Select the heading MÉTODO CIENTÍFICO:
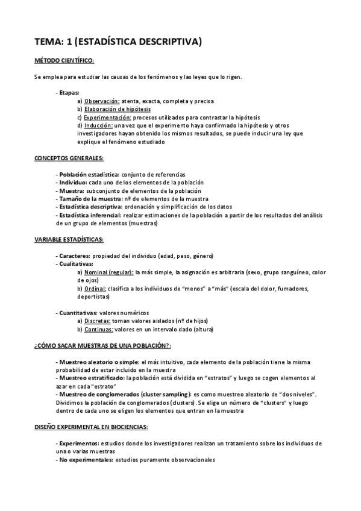pyautogui.click(x=64, y=61)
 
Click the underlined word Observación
pyautogui.click(x=102, y=101)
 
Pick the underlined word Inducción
pyautogui.click(x=98, y=125)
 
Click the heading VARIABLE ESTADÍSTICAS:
pyautogui.click(x=69, y=239)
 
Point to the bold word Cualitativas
pyautogui.click(x=77, y=263)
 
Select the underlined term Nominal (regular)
pyautogui.click(x=108, y=272)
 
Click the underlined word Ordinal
pyautogui.click(x=96, y=288)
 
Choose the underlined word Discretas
pyautogui.click(x=98, y=321)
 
